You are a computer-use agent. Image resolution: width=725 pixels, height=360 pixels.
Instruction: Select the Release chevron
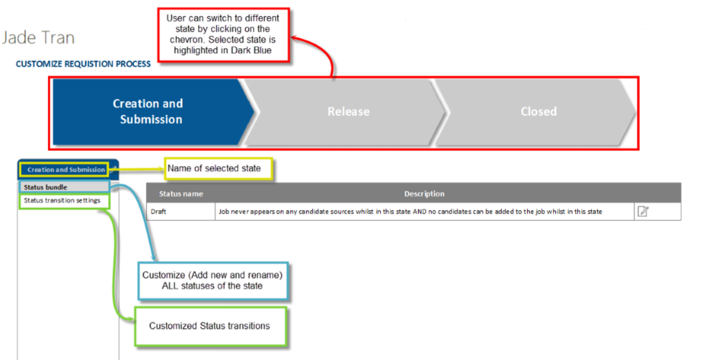tap(348, 112)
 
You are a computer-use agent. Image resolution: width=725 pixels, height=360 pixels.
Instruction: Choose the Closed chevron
tap(538, 112)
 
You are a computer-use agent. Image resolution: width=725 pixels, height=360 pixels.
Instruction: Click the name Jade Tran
tap(38, 38)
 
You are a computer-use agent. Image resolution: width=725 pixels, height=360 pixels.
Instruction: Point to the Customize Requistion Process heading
tap(83, 64)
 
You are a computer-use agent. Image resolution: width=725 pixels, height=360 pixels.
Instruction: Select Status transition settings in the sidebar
tap(62, 200)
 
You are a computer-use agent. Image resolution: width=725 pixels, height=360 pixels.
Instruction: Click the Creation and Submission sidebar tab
tap(66, 169)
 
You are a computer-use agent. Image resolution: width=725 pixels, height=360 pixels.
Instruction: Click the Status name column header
tap(181, 193)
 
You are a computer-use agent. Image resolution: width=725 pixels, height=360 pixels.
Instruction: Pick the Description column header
tap(424, 193)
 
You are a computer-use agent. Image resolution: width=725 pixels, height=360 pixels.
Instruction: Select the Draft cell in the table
tap(159, 211)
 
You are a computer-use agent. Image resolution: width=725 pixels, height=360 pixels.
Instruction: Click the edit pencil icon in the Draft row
tap(643, 211)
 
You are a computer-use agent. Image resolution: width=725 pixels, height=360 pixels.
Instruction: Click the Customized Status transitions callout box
tap(209, 326)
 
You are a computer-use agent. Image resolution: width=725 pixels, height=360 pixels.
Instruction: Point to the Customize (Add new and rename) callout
tap(212, 280)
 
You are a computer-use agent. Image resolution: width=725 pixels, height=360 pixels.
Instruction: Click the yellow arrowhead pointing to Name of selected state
tap(161, 169)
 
